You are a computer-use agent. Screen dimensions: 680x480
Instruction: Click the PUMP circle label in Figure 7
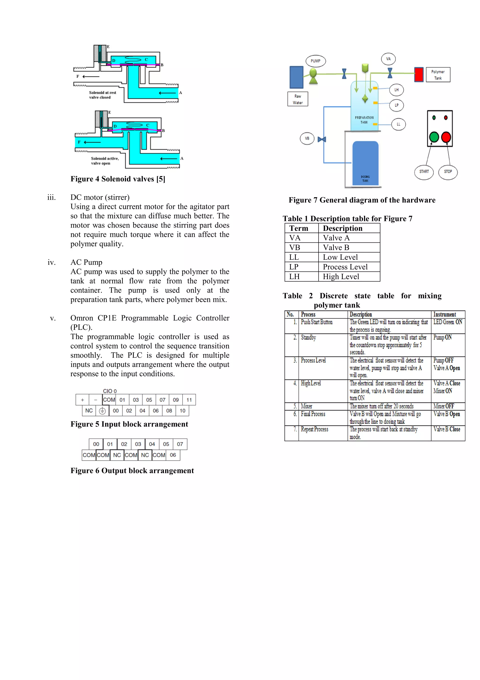pyautogui.click(x=315, y=61)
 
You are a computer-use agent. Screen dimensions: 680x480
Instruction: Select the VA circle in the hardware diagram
pyautogui.click(x=388, y=59)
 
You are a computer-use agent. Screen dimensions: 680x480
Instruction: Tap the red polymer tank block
pyautogui.click(x=419, y=74)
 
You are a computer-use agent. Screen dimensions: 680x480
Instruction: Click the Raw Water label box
pyautogui.click(x=297, y=99)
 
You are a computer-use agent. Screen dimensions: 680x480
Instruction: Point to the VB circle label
pyautogui.click(x=307, y=138)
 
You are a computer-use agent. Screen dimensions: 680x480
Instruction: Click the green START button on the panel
pyautogui.click(x=434, y=137)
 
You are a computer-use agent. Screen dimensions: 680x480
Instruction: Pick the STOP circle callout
pyautogui.click(x=448, y=172)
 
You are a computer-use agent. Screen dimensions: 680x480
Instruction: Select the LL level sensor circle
pyautogui.click(x=398, y=124)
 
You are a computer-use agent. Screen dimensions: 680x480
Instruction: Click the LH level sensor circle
pyautogui.click(x=396, y=90)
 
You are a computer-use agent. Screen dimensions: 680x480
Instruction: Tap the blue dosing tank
pyautogui.click(x=365, y=163)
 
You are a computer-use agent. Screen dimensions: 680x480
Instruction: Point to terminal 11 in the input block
pyautogui.click(x=189, y=400)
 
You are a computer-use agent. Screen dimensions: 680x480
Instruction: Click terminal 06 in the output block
pyautogui.click(x=173, y=455)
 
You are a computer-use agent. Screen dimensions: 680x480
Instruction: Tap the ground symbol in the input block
pyautogui.click(x=102, y=411)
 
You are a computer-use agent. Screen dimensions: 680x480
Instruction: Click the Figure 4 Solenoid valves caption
pyautogui.click(x=118, y=179)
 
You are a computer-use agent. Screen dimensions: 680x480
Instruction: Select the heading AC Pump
pyautogui.click(x=86, y=262)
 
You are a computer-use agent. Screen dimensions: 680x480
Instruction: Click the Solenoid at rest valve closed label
pyautogui.click(x=102, y=95)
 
